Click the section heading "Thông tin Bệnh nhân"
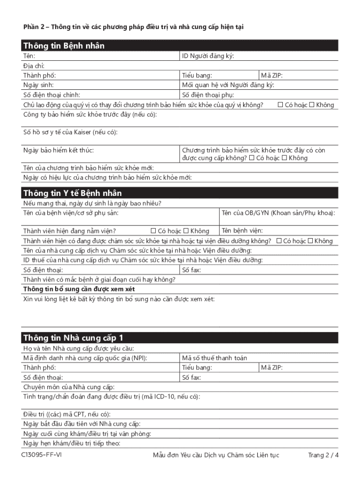click(x=64, y=46)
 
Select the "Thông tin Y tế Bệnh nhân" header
click(x=72, y=193)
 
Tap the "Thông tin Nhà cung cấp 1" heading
click(x=73, y=338)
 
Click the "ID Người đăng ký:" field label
click(x=208, y=56)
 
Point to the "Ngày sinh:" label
click(x=38, y=85)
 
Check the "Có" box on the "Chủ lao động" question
click(x=281, y=105)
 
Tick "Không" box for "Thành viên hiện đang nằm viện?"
click(x=186, y=231)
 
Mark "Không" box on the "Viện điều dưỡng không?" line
click(x=310, y=241)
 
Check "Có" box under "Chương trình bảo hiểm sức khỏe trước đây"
click(x=252, y=158)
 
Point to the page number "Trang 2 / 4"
click(x=323, y=455)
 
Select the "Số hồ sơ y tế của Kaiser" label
click(x=70, y=132)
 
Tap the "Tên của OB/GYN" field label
click(x=278, y=213)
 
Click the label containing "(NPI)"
click(x=86, y=358)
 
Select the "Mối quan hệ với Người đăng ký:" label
click(x=228, y=85)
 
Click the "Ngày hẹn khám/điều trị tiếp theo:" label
click(x=72, y=443)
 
